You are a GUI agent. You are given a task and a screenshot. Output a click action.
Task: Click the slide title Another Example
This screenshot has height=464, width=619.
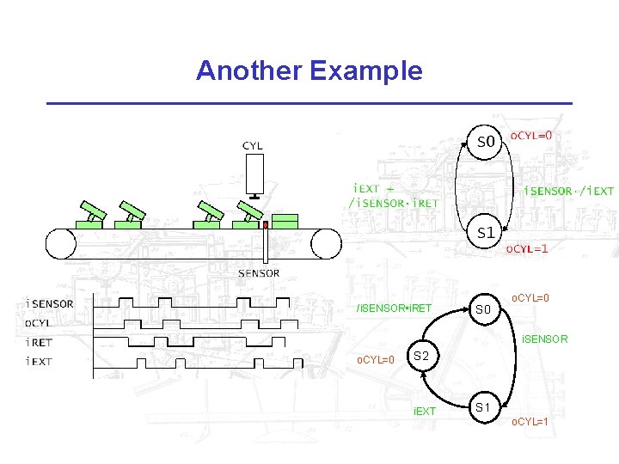click(309, 70)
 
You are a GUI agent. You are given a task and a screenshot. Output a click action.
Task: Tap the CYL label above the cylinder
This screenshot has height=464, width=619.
click(253, 146)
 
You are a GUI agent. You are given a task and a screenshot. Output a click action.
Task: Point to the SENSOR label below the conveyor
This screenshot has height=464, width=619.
click(259, 273)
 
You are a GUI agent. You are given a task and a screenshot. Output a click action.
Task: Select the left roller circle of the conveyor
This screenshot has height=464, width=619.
click(61, 243)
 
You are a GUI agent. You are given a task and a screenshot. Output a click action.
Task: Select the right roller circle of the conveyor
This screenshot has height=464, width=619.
click(327, 243)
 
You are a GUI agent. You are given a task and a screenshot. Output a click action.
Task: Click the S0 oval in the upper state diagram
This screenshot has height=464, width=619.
click(486, 141)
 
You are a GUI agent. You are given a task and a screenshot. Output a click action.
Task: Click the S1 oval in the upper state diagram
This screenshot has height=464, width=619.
click(486, 232)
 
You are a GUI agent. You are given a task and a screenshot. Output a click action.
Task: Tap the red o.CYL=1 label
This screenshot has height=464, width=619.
click(526, 249)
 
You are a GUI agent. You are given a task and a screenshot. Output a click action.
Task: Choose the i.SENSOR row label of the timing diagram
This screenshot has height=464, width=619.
click(51, 303)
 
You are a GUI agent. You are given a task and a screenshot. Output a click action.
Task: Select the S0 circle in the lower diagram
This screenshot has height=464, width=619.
click(484, 308)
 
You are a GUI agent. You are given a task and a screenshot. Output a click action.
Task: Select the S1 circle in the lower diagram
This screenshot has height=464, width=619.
click(484, 406)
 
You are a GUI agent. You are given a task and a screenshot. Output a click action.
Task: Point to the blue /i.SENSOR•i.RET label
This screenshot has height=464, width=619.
click(395, 308)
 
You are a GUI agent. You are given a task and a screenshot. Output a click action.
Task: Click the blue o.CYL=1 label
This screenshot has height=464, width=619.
click(530, 422)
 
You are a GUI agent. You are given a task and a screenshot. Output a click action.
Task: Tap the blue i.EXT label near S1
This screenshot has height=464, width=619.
click(425, 412)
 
